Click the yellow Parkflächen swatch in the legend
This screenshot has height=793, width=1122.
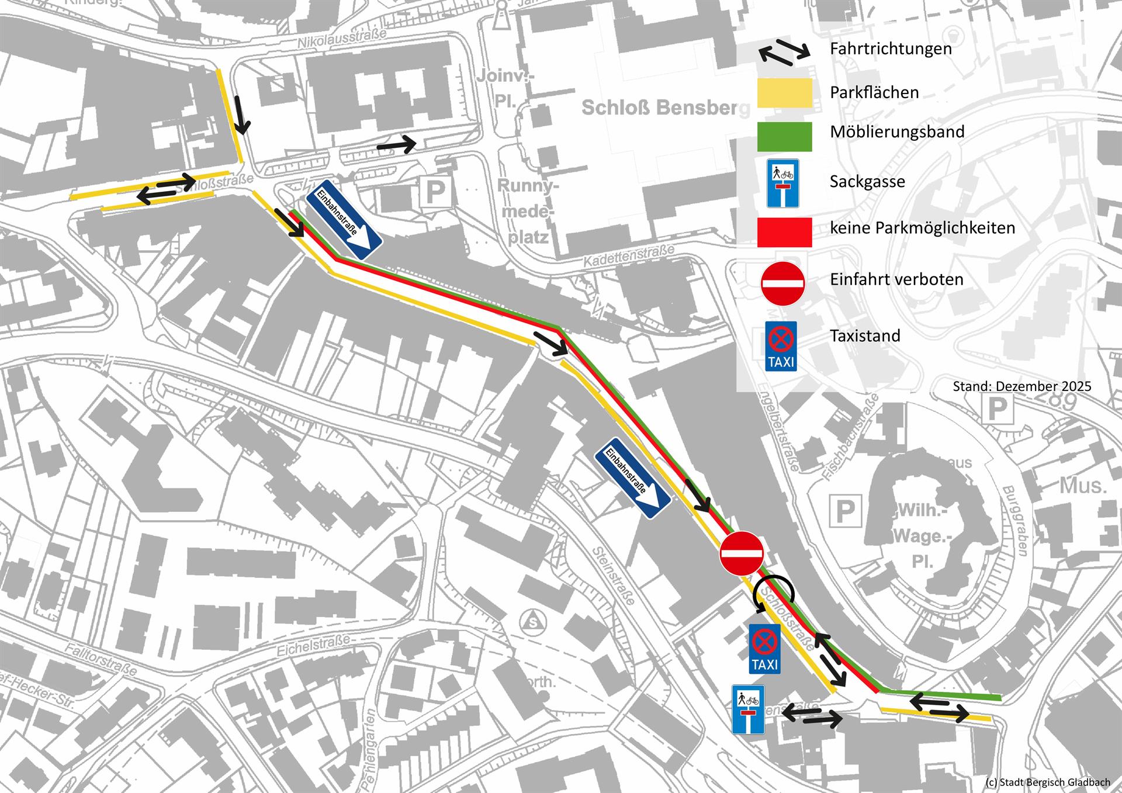(x=784, y=94)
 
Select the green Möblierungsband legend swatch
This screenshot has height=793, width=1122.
(x=784, y=137)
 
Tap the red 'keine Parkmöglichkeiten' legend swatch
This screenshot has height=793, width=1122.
(x=784, y=232)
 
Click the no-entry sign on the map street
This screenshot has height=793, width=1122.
(x=742, y=553)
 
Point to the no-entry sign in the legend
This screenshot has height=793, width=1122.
(x=782, y=283)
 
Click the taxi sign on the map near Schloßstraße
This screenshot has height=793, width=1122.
(x=764, y=649)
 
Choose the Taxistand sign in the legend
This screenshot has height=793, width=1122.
(x=781, y=346)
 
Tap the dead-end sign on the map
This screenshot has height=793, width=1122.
(x=748, y=709)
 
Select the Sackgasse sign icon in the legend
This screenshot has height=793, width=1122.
(x=782, y=183)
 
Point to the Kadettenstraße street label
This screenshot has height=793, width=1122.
(x=629, y=257)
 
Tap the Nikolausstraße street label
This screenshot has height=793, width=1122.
(x=342, y=39)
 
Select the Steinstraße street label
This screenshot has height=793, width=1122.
(x=613, y=576)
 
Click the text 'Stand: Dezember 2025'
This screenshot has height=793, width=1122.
(x=1021, y=386)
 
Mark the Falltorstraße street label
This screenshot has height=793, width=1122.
(x=101, y=659)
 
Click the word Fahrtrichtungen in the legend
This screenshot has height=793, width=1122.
(x=891, y=49)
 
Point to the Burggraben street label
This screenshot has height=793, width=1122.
(x=1014, y=521)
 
